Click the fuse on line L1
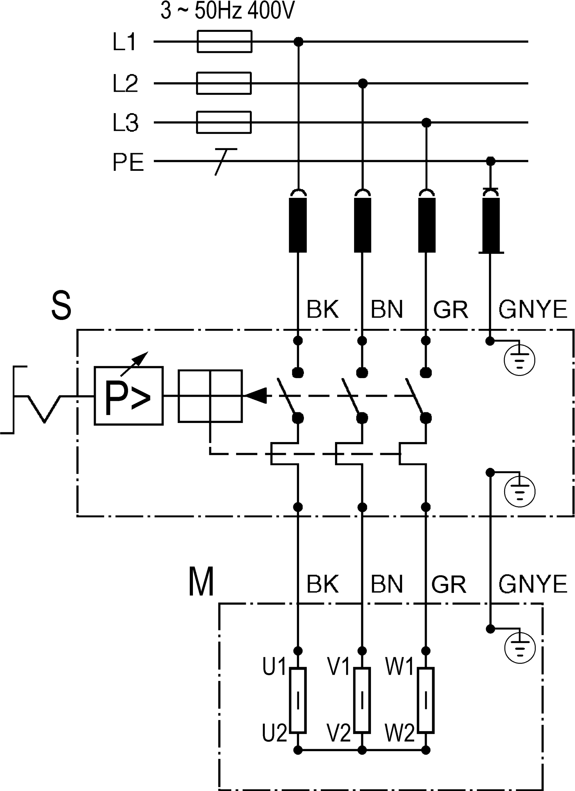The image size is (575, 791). (224, 42)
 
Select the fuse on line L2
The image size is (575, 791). (224, 83)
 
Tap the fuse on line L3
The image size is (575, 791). (224, 122)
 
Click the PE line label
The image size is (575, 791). (128, 162)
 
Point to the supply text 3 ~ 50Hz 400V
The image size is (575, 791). (228, 10)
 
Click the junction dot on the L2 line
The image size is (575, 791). (363, 83)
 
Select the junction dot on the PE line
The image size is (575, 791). (491, 161)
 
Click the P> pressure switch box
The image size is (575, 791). (129, 396)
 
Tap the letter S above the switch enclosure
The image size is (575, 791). (61, 306)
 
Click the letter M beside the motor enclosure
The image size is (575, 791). (201, 582)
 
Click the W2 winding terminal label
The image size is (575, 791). (400, 733)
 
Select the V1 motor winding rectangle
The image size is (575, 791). (362, 700)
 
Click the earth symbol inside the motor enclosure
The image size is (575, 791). (520, 649)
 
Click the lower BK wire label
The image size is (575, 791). (323, 584)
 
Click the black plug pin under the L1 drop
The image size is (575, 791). (298, 225)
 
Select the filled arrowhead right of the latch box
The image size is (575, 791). (256, 396)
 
